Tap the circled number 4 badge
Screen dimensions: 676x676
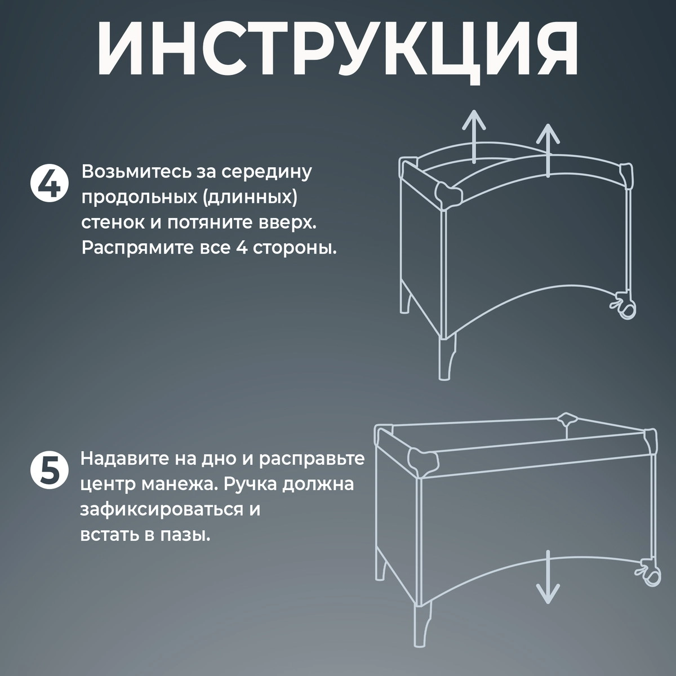pyautogui.click(x=50, y=184)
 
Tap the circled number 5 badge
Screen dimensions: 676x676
pyautogui.click(x=50, y=471)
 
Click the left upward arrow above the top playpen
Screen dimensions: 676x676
pyautogui.click(x=475, y=135)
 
